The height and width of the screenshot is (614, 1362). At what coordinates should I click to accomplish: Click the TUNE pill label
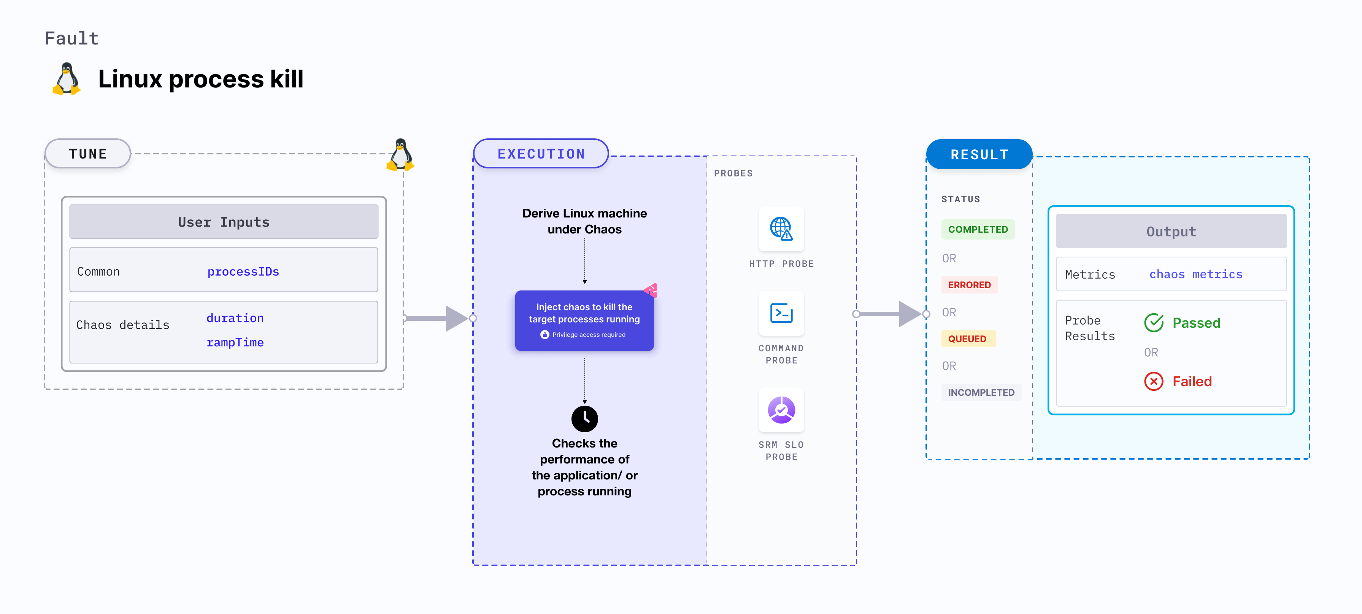pyautogui.click(x=88, y=154)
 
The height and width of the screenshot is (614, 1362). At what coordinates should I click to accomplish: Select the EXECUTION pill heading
pyautogui.click(x=541, y=154)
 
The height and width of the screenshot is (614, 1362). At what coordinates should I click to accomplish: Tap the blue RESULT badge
pyautogui.click(x=979, y=154)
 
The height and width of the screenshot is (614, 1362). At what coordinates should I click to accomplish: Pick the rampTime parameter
pyautogui.click(x=235, y=343)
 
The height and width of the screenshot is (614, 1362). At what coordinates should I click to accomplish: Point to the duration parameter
pyautogui.click(x=235, y=318)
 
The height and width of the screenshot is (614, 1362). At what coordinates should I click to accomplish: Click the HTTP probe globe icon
pyautogui.click(x=781, y=229)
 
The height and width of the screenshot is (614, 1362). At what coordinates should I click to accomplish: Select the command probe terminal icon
pyautogui.click(x=781, y=313)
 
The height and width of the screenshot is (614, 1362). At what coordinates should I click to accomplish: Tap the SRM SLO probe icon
pyautogui.click(x=781, y=410)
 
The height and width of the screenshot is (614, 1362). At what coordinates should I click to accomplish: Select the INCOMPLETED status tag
pyautogui.click(x=981, y=392)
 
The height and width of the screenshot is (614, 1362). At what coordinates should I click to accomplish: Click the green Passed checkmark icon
pyautogui.click(x=1154, y=323)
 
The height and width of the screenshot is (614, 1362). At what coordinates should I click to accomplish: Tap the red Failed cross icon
pyautogui.click(x=1154, y=381)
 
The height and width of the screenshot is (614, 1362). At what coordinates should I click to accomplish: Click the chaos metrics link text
pyautogui.click(x=1195, y=274)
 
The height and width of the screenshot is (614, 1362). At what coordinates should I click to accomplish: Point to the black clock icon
pyautogui.click(x=584, y=418)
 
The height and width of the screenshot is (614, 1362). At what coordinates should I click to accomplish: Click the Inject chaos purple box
pyautogui.click(x=584, y=320)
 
